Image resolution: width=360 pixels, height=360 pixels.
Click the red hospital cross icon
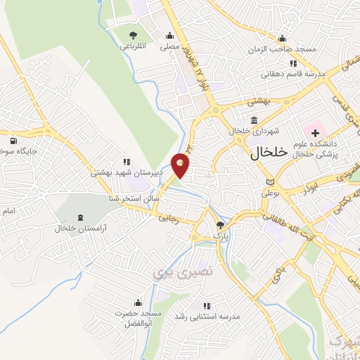coord(316,131)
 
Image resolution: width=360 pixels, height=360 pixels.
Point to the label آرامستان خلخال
coord(79,229)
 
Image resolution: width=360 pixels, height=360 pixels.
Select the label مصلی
coord(169,47)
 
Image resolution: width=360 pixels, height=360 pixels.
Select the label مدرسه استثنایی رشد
coord(207,317)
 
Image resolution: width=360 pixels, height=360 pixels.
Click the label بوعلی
coord(271,192)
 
